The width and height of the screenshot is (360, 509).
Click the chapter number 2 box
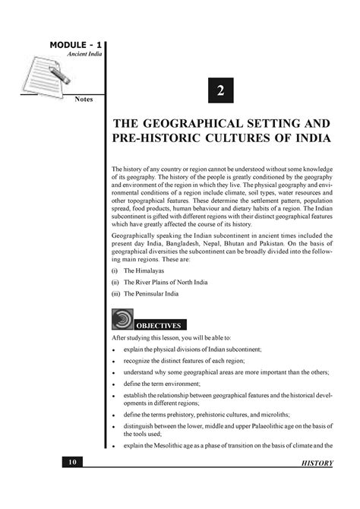coord(220,90)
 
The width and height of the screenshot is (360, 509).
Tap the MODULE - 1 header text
coord(77,46)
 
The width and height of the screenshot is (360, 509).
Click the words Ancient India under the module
coord(85,56)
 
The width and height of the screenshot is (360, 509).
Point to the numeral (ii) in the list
coord(115,281)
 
